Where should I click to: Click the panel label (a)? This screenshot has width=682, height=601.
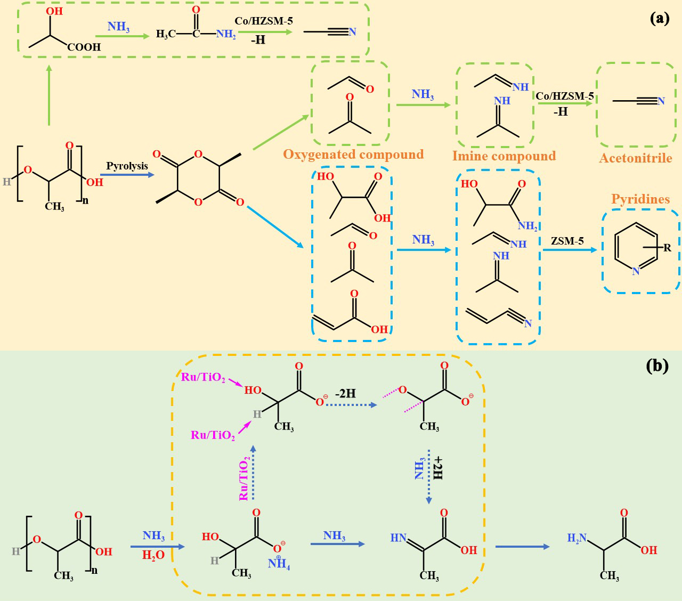click(659, 19)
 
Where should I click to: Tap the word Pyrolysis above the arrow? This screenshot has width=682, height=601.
click(127, 166)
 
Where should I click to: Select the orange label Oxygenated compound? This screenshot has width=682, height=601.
click(353, 155)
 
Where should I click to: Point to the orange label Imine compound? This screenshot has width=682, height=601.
click(504, 156)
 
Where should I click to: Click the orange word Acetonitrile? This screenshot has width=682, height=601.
click(636, 158)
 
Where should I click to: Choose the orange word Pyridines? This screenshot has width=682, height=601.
click(640, 199)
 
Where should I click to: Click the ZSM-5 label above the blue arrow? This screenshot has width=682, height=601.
click(567, 241)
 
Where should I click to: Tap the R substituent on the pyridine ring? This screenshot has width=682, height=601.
click(667, 247)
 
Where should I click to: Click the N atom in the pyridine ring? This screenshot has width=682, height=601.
click(636, 272)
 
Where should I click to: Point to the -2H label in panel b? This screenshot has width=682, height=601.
click(345, 393)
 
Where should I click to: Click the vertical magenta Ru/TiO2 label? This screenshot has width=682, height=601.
click(244, 478)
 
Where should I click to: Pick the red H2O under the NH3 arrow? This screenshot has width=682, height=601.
click(153, 555)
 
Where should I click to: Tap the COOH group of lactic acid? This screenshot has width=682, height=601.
click(84, 47)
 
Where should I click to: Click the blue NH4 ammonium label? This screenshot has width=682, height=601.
click(279, 564)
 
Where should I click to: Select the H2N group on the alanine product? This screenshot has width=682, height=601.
click(577, 539)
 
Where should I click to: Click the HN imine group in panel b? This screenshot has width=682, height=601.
click(399, 538)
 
